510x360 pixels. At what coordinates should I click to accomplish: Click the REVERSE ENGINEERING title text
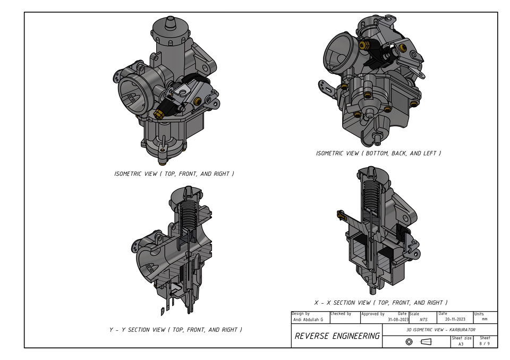[337, 336]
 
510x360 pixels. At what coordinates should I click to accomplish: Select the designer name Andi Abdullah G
[308, 320]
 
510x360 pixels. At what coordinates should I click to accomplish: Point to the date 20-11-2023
[455, 320]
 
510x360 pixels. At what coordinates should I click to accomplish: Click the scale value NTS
[423, 320]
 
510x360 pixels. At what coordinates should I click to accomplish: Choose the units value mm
[484, 320]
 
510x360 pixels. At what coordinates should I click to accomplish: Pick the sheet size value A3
[461, 344]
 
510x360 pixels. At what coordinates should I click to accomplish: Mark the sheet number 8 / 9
[484, 344]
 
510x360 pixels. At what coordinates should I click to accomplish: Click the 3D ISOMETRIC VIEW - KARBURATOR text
[440, 330]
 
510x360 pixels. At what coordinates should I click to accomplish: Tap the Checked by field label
[341, 314]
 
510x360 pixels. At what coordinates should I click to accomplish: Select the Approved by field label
[373, 314]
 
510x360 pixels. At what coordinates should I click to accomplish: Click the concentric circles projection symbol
[409, 342]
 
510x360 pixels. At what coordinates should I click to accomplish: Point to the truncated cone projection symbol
[426, 342]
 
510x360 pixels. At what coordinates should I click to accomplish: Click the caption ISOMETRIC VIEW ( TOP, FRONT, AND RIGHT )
[174, 174]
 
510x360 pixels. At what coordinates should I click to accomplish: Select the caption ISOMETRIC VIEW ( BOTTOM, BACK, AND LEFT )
[378, 153]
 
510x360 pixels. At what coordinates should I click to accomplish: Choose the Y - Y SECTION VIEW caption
[175, 330]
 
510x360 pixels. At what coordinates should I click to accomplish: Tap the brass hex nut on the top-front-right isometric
[158, 113]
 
